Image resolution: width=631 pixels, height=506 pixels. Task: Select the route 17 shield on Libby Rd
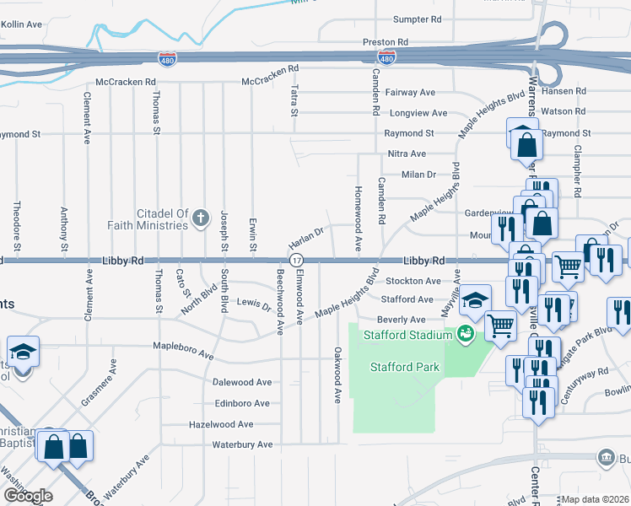click(296, 261)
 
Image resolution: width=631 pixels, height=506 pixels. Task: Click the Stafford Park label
click(404, 367)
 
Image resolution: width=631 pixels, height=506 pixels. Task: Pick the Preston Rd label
click(386, 41)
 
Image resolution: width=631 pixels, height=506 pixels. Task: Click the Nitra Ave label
click(407, 153)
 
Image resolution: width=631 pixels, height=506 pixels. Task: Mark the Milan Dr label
click(418, 174)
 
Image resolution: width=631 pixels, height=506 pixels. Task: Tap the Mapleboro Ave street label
click(183, 346)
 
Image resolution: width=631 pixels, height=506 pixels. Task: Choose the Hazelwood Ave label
click(222, 424)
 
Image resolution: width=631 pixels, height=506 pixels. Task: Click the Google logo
click(28, 495)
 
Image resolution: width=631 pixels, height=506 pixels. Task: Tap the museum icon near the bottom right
click(605, 458)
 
